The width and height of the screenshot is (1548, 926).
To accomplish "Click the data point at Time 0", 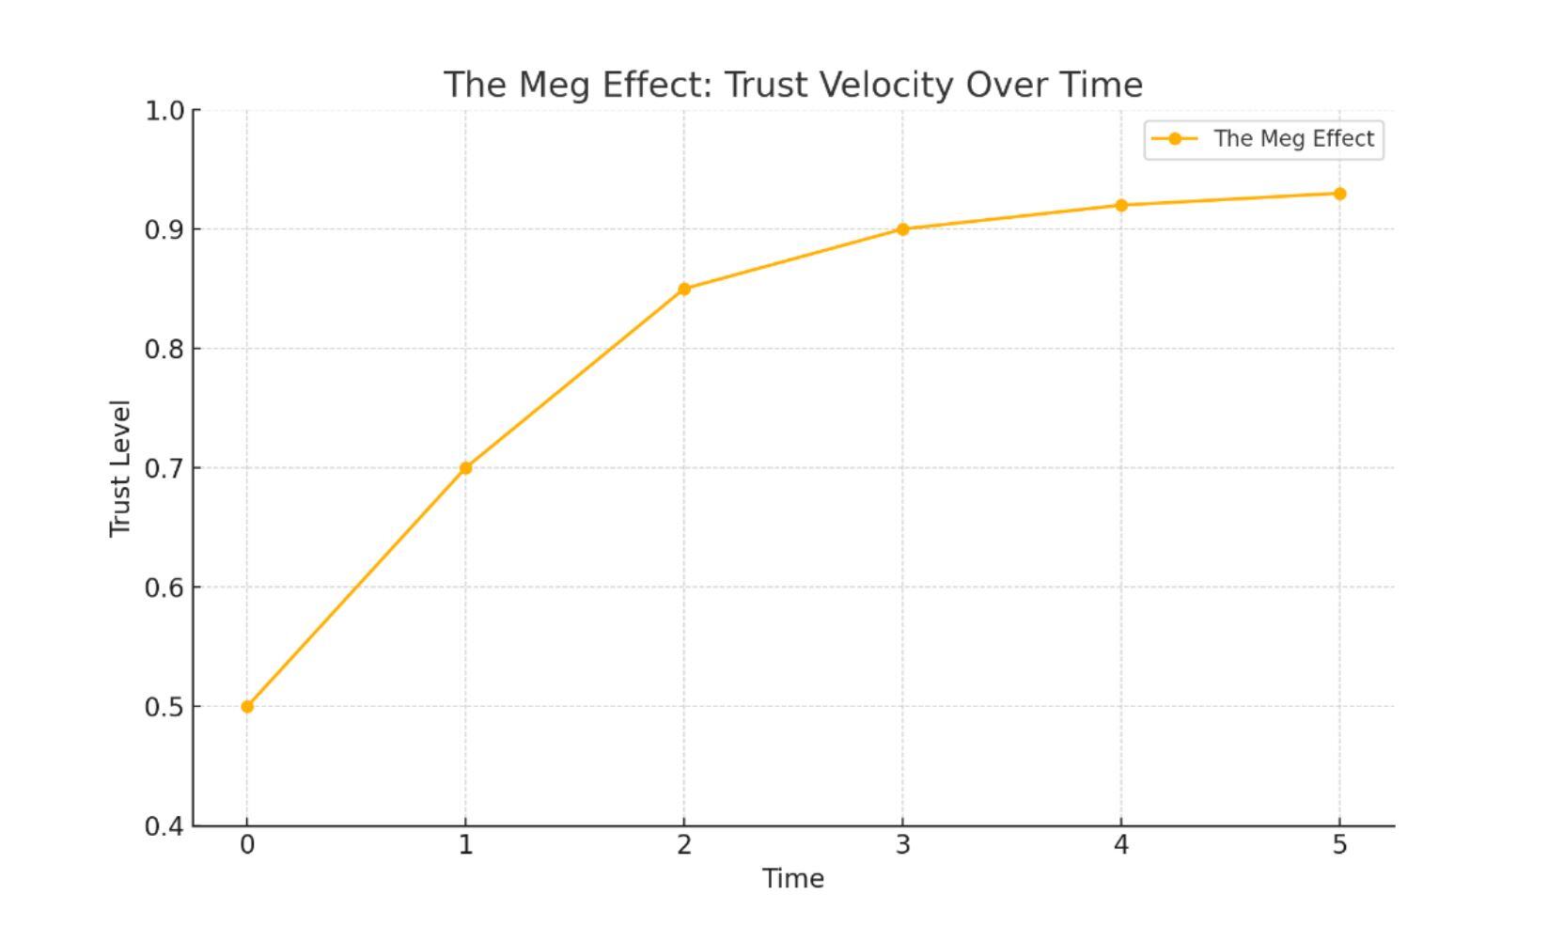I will coord(247,706).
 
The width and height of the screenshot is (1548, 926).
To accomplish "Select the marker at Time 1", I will coord(465,467).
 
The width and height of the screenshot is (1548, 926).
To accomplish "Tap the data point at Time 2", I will coord(684,289).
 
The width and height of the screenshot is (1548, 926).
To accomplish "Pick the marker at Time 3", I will coord(902,229).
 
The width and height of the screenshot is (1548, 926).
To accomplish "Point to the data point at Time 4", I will coord(1121,205).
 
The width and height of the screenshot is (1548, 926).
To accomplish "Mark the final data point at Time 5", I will coord(1339,194).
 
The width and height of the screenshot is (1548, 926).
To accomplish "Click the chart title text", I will coord(793,85).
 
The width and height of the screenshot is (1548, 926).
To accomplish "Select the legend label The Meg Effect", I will coord(1293,139).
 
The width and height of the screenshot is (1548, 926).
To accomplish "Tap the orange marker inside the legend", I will coord(1175,139).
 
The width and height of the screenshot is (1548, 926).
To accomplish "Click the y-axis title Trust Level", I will coord(119,468).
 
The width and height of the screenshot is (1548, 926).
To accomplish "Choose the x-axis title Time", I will coord(793,879).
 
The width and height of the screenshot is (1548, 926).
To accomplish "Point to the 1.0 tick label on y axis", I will coord(164,111).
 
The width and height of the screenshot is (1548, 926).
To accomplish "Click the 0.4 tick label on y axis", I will coord(164,826).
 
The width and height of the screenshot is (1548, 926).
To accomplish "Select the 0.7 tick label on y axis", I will coord(164,468).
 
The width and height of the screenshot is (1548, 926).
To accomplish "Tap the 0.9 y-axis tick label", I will coord(164,229).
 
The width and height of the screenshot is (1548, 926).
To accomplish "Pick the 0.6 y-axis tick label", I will coord(164,588).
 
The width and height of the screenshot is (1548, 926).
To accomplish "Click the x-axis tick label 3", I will coord(902,845).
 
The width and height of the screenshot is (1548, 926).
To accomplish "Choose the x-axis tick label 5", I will coord(1339,845).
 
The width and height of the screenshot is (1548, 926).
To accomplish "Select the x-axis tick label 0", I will coord(247,845).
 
